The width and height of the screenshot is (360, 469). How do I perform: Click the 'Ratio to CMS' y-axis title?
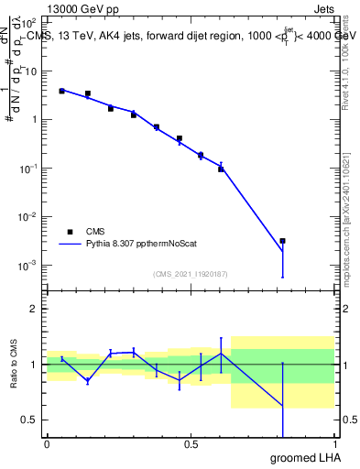[15, 364]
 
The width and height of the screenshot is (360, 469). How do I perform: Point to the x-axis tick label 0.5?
[191, 443]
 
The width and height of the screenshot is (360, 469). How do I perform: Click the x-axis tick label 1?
[334, 443]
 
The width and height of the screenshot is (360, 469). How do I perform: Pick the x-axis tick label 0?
[47, 443]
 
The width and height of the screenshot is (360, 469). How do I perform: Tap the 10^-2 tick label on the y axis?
[28, 217]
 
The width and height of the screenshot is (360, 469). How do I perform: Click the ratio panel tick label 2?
[33, 309]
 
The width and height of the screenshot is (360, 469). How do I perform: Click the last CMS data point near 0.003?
[282, 241]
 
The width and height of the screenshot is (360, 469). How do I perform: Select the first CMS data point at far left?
[61, 91]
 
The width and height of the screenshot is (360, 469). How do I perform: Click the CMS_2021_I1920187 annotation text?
[190, 274]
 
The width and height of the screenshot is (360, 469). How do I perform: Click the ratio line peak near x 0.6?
[221, 353]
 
